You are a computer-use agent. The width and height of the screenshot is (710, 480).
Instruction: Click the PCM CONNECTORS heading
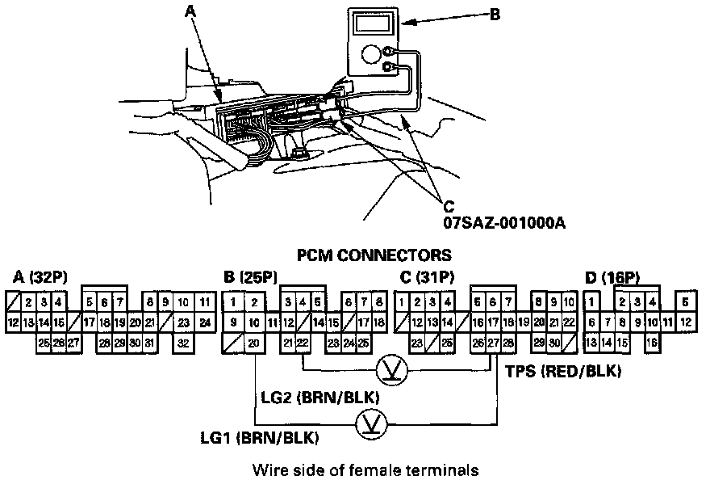coord(374,256)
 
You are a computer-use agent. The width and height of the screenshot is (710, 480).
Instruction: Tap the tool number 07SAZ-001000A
coord(503,220)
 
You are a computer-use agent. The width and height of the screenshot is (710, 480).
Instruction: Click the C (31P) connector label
coord(427,278)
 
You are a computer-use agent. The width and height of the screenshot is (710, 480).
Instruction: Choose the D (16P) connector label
coord(612,278)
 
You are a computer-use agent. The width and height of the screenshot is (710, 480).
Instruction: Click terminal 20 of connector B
coord(254,343)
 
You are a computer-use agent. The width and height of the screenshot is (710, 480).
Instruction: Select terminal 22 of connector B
coord(303,343)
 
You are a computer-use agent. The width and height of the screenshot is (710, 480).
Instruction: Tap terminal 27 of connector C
coord(493,343)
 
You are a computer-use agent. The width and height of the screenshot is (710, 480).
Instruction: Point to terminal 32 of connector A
coord(183,343)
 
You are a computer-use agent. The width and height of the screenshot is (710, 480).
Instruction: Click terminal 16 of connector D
coord(649,343)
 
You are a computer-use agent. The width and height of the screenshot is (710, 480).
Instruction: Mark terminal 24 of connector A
coord(205,322)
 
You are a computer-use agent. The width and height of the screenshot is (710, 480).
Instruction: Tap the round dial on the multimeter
coord(371,54)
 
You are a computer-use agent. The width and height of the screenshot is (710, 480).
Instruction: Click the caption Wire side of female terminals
coord(360,469)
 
